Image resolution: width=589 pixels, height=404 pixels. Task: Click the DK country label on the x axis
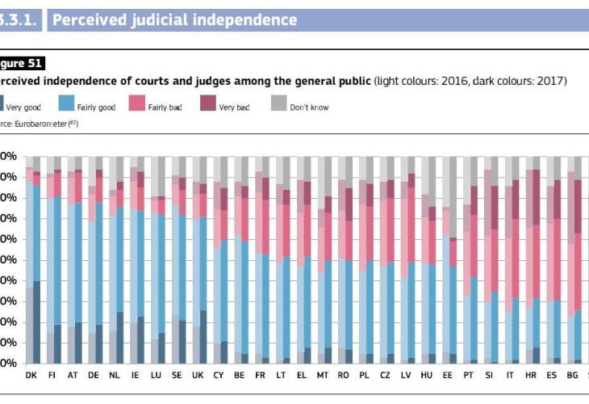31,376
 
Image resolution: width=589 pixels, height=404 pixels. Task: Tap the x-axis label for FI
52,376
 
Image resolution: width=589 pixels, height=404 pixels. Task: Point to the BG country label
573,376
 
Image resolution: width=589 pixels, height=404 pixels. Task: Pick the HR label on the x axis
531,376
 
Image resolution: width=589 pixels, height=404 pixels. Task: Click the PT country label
469,376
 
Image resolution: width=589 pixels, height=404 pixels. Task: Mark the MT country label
324,376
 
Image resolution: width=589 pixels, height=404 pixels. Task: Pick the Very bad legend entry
233,107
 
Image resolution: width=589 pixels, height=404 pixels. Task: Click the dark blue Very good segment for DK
36,322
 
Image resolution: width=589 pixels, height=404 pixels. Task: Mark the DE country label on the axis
94,376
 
